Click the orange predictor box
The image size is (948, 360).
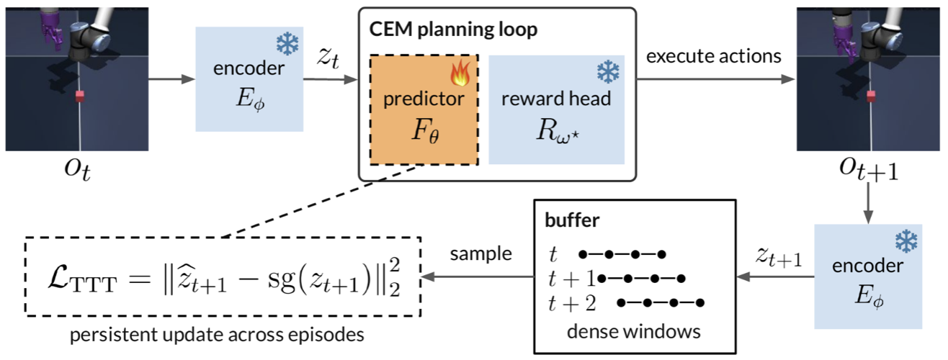424,109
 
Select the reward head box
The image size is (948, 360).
557,109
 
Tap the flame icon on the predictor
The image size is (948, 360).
460,73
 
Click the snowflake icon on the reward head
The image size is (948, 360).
608,71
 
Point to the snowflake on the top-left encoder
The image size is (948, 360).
287,44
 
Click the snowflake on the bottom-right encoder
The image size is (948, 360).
906,241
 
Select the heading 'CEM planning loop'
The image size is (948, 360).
453,30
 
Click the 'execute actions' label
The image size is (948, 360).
714,56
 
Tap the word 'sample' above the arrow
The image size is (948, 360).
480,254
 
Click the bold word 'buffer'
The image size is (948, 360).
572,220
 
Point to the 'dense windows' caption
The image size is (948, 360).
633,332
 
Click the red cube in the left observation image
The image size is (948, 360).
80,96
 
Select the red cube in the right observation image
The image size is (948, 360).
871,96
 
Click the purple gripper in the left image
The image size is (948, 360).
53,30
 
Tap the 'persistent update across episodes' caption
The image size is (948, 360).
217,335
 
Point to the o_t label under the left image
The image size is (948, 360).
78,170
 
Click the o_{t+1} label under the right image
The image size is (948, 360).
869,170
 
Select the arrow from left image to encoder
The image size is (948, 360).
171,79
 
